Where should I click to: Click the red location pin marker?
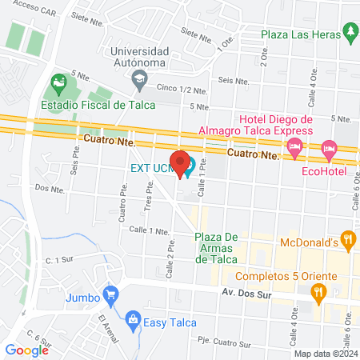[x=181, y=162]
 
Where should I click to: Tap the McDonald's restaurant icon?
[x=347, y=238]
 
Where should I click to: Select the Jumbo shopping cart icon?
[x=111, y=294]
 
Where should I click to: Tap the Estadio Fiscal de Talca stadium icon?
[x=57, y=82]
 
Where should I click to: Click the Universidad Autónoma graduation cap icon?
[x=140, y=77]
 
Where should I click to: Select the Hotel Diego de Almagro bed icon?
[x=295, y=146]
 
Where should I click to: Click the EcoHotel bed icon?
[x=329, y=148]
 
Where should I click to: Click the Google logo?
[x=27, y=349]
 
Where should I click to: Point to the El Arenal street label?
[x=108, y=329]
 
